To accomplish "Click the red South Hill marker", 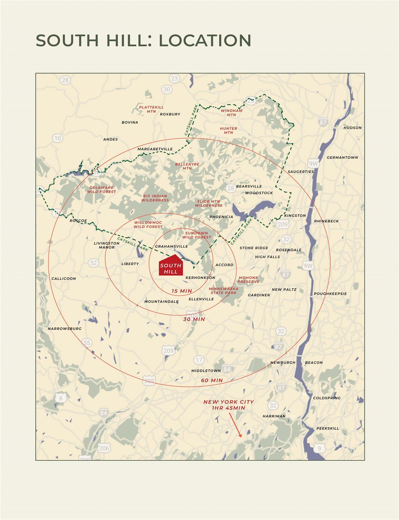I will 171,266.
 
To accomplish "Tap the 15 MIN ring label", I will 182,291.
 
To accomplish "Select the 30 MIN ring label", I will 194,319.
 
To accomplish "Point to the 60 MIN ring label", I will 212,381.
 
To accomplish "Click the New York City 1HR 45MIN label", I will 228,405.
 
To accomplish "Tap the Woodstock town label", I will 259,193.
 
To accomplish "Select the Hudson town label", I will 353,128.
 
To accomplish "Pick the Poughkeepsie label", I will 330,294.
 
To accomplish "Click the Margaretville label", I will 155,149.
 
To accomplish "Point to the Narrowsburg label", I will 64,329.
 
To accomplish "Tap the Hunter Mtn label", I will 228,131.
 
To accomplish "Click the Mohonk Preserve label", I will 248,280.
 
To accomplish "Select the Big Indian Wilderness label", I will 155,198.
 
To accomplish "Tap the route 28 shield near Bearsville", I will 231,188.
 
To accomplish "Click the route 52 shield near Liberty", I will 93,263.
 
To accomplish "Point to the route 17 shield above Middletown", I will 199,360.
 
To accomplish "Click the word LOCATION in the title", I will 205,40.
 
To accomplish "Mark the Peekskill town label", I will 327,429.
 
